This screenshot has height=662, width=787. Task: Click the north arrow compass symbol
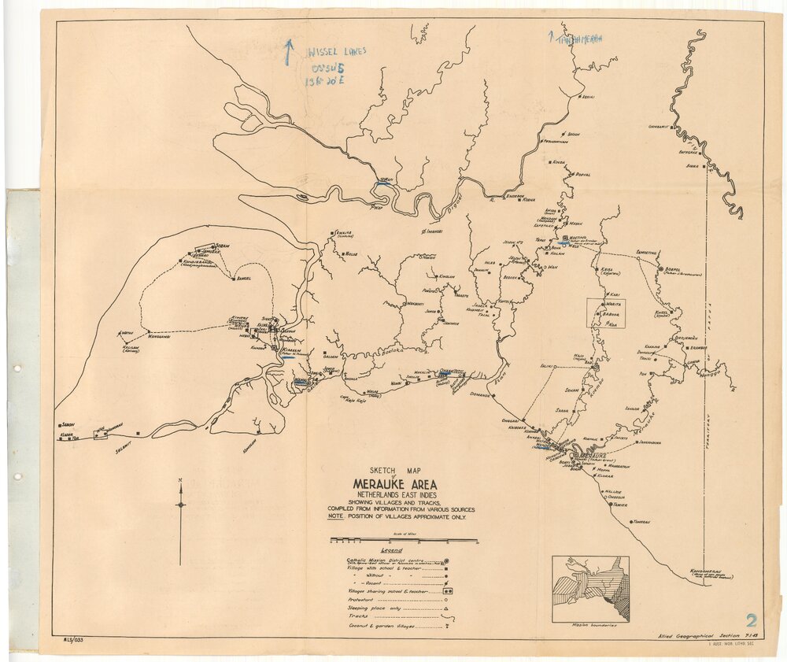(180, 504)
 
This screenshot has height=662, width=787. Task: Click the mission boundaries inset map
(590, 590)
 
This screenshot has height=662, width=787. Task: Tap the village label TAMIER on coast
(620, 505)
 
